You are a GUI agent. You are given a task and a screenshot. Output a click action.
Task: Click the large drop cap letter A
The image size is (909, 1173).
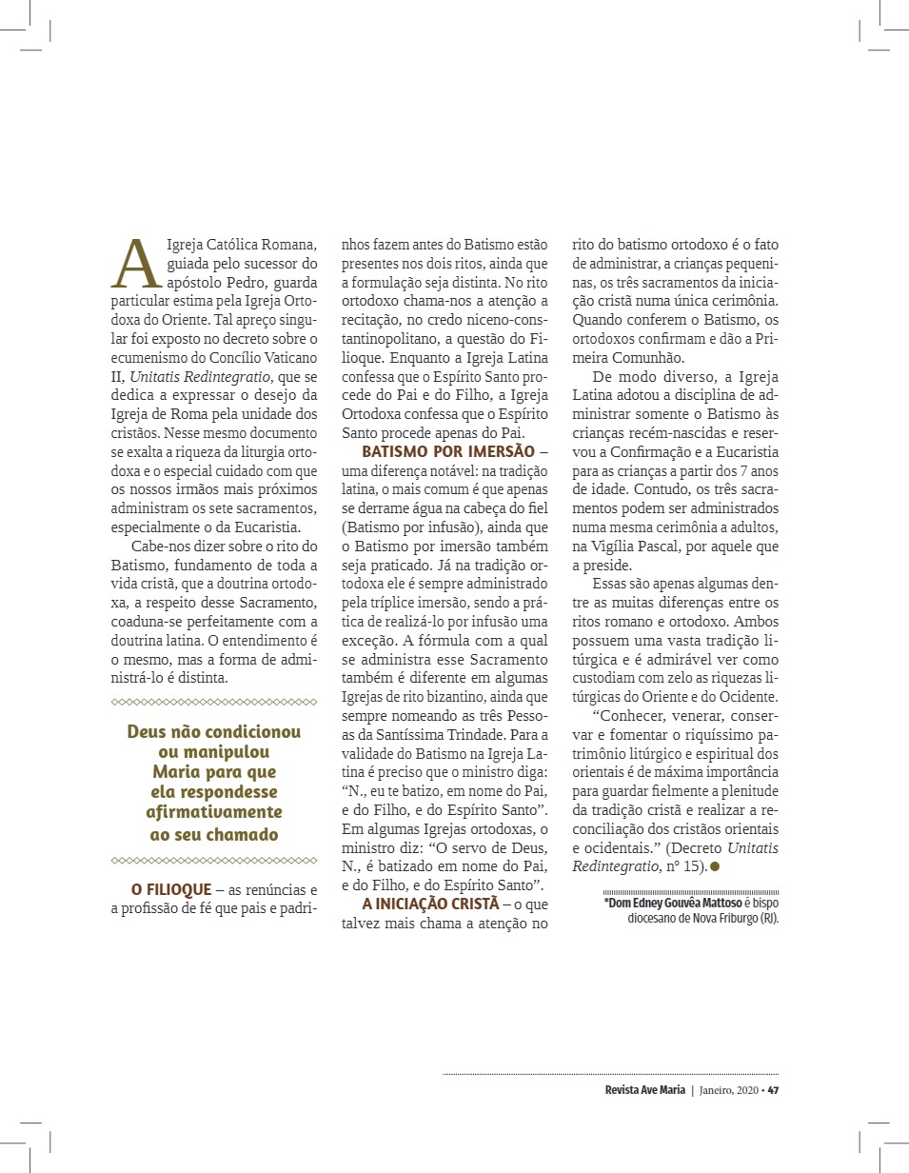(x=132, y=262)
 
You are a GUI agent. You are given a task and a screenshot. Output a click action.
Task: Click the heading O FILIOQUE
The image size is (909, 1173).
(x=170, y=889)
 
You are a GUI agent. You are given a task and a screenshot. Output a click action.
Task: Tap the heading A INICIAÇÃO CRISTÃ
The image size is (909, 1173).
(x=430, y=904)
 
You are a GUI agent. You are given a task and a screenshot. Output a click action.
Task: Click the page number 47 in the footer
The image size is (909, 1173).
(x=773, y=1090)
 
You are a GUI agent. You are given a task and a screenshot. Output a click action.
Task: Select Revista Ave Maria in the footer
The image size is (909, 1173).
(x=644, y=1090)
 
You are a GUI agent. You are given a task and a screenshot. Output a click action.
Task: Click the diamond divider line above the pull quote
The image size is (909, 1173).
(x=213, y=702)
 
